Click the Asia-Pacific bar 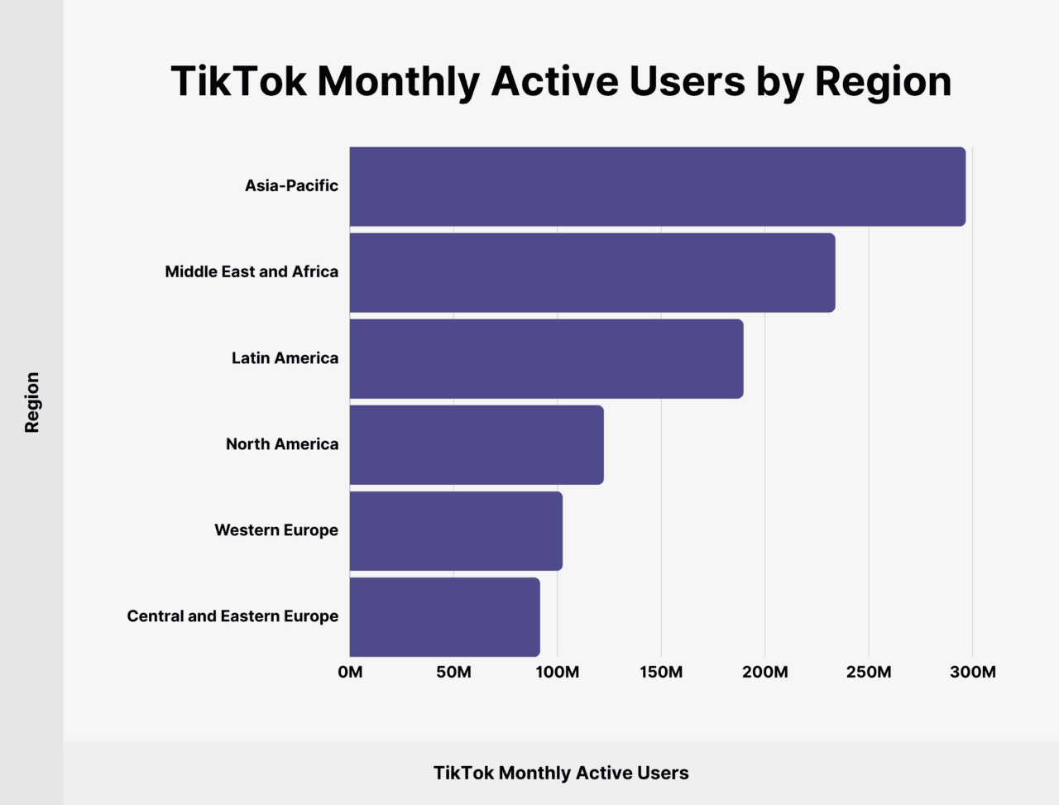(x=657, y=186)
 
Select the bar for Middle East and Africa (x=592, y=272)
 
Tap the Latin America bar (x=546, y=358)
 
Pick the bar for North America (x=477, y=444)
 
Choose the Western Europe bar (x=456, y=530)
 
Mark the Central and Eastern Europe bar (x=444, y=616)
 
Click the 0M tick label (x=350, y=672)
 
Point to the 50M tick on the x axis (x=453, y=672)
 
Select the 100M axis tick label (x=557, y=672)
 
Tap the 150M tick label (x=661, y=672)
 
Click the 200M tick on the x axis (x=764, y=672)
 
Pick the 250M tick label (x=869, y=672)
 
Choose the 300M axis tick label (x=972, y=672)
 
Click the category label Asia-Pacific (x=291, y=186)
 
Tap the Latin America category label (x=285, y=358)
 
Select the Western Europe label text (x=276, y=530)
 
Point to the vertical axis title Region (x=32, y=402)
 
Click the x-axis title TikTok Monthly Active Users (x=561, y=773)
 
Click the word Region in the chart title (x=883, y=82)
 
